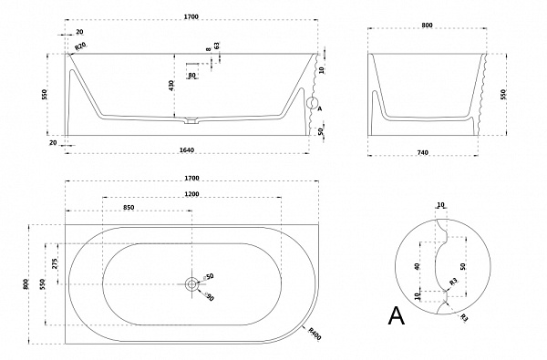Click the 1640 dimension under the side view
[187, 150]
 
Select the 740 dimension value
[422, 152]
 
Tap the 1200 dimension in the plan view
[191, 194]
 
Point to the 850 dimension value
[129, 208]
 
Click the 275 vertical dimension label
[55, 263]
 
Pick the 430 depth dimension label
[171, 86]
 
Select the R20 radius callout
[80, 46]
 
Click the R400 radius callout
[315, 334]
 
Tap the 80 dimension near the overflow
[191, 76]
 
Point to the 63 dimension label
[217, 46]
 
